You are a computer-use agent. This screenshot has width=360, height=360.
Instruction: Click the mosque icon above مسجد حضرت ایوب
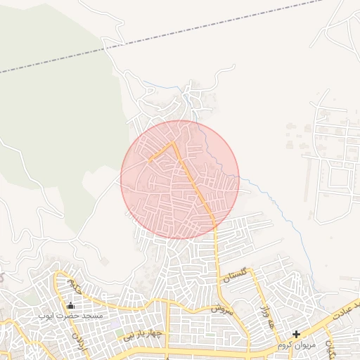70,306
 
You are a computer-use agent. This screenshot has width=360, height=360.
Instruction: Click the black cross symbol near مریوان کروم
297,334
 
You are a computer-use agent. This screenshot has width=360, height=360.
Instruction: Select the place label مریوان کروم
295,345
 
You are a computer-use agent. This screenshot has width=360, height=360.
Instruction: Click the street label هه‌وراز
266,317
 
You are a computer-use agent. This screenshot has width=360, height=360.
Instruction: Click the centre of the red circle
180,179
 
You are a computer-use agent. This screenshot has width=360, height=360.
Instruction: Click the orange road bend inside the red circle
174,143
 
